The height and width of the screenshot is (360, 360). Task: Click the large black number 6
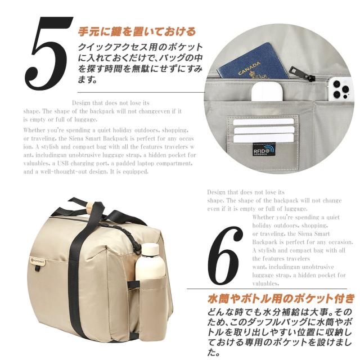(225, 256)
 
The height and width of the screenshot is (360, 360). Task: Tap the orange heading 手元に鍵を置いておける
(137, 31)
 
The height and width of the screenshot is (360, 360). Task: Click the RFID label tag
(263, 149)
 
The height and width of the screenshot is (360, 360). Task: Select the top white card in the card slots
(263, 121)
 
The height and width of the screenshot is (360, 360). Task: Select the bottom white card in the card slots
(263, 138)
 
